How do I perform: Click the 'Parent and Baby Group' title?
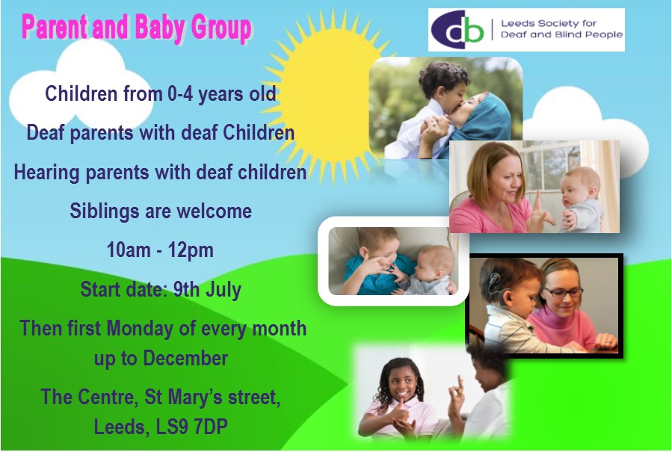tap(137, 28)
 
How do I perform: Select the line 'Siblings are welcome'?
tap(161, 211)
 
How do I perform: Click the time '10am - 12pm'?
tap(161, 250)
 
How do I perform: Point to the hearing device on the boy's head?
tap(494, 282)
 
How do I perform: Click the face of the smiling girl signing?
tap(402, 379)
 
